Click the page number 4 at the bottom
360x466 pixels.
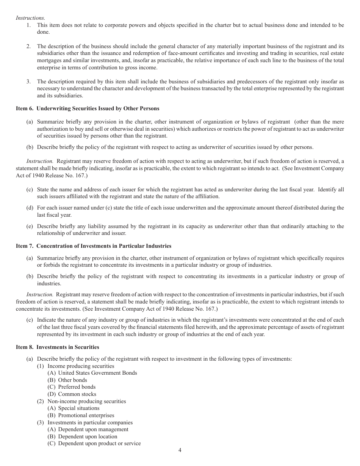[x=180, y=450]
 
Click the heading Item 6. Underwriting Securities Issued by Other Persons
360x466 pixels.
[x=88, y=108]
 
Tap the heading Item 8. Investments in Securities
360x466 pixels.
[x=58, y=347]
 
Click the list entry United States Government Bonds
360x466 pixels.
[x=97, y=373]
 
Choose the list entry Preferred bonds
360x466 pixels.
[x=77, y=387]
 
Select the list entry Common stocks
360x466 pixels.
[x=77, y=394]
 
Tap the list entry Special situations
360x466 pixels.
[x=78, y=408]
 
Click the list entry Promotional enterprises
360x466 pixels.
[x=86, y=415]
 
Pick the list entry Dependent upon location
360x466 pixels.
[x=88, y=436]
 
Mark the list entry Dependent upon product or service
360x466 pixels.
[x=99, y=443]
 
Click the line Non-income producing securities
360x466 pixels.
[x=86, y=401]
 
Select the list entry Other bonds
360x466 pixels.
[x=72, y=380]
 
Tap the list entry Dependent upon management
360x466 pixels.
[x=93, y=429]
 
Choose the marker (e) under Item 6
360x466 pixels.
[x=30, y=226]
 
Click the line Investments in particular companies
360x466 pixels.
[x=90, y=422]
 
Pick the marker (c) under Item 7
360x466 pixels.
[x=30, y=320]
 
